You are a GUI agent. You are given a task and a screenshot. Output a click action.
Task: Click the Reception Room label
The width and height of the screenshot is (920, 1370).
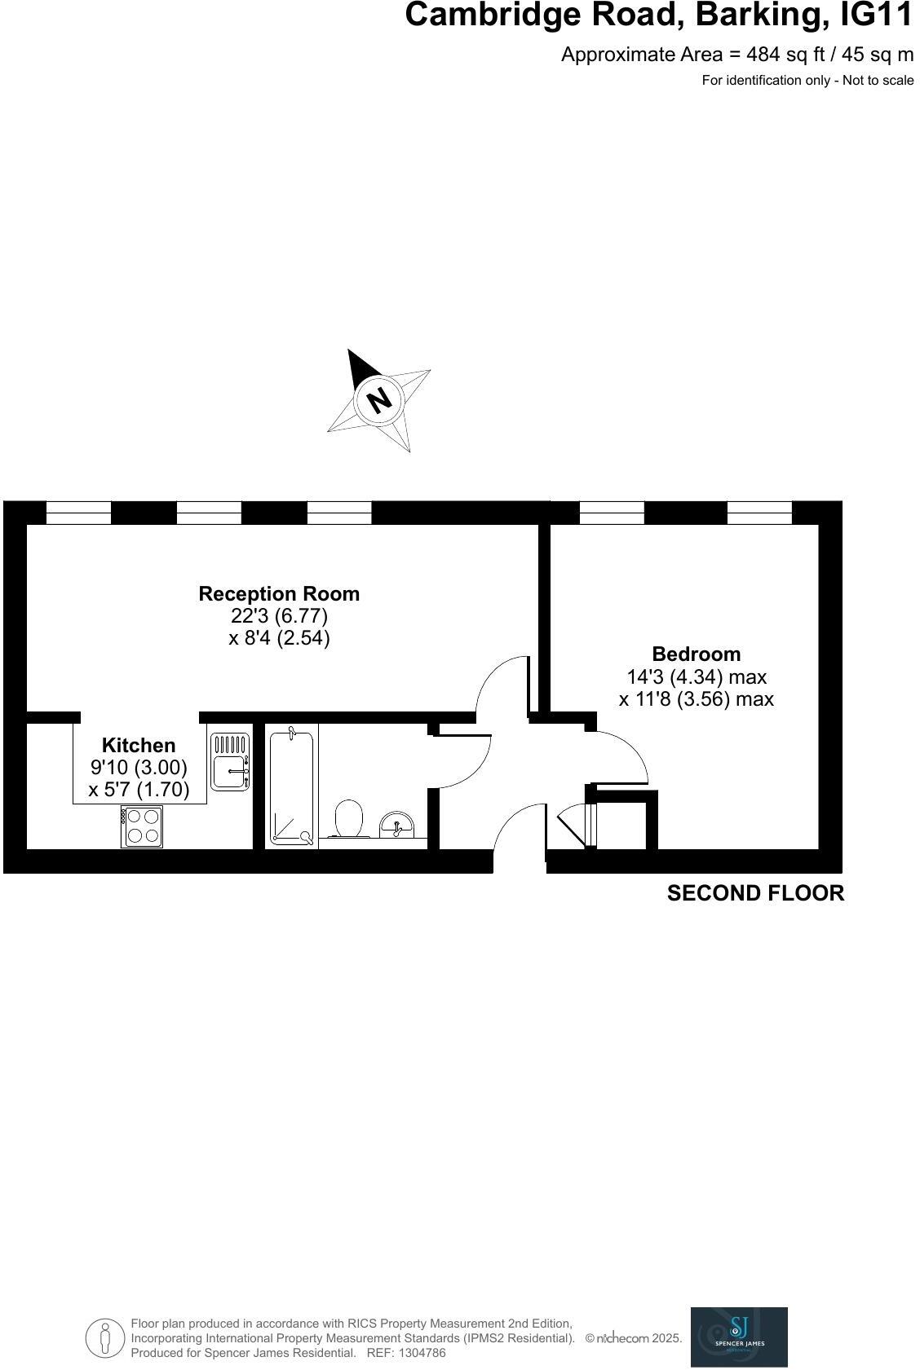point(279,594)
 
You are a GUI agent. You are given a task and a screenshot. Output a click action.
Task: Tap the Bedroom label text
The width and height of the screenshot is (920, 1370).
point(697,654)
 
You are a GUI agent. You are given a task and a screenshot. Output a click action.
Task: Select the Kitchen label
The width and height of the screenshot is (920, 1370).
point(139,745)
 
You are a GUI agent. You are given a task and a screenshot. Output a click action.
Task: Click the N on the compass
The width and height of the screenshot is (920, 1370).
point(378,400)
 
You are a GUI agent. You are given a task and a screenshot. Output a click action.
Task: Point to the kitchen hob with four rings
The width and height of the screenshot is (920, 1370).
point(142,826)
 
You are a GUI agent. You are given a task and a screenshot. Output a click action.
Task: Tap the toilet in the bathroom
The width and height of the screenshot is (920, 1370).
point(349,818)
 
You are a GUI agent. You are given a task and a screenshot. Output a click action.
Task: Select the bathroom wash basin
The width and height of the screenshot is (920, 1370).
point(398,825)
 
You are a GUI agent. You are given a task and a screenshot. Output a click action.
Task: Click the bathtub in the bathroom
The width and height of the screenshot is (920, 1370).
point(292,787)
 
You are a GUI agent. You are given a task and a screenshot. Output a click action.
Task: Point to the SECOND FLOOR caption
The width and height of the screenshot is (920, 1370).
point(755,893)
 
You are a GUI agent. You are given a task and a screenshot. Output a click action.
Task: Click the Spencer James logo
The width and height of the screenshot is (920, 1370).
point(739,1337)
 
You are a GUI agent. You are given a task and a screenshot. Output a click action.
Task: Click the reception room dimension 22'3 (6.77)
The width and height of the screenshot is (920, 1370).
point(279,616)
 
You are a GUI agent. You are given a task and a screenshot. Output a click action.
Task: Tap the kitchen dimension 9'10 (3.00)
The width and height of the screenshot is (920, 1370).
point(139,767)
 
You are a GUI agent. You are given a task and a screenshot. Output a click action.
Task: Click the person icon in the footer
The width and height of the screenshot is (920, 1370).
point(104,1338)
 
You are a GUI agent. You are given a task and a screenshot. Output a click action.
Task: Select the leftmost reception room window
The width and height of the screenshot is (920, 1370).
point(78,513)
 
